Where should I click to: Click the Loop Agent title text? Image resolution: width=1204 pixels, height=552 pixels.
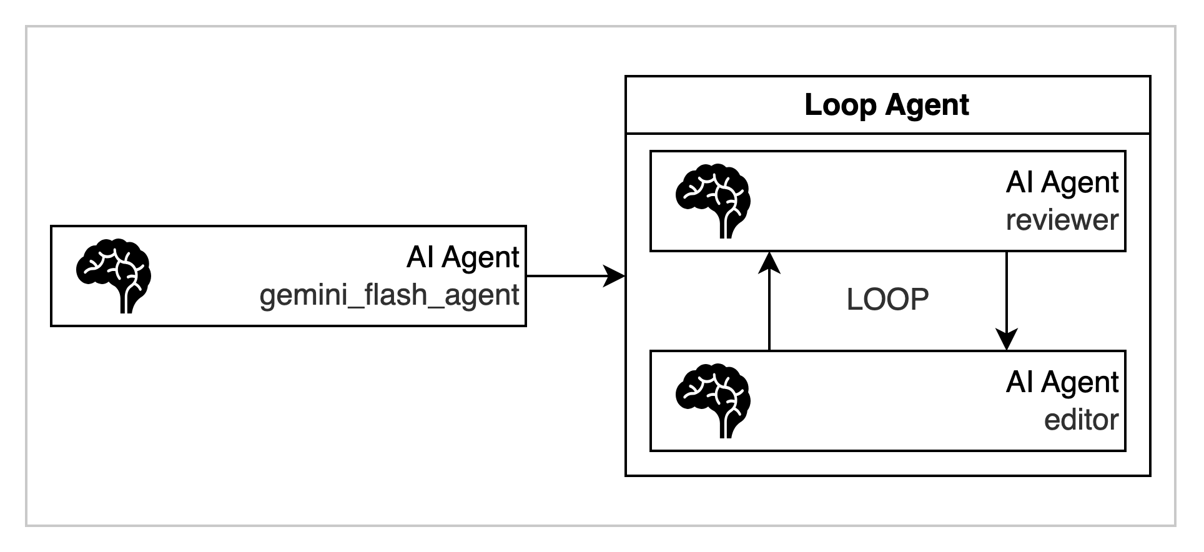click(887, 105)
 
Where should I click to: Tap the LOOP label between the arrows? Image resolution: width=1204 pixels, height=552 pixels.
click(887, 300)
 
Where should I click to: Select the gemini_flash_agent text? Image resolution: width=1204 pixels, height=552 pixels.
click(389, 295)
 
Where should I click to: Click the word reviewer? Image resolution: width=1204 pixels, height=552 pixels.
click(1062, 220)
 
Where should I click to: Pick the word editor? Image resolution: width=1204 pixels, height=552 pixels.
click(1081, 420)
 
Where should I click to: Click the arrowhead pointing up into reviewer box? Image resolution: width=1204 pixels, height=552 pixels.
click(769, 262)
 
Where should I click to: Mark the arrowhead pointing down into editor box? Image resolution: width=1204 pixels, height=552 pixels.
click(1007, 340)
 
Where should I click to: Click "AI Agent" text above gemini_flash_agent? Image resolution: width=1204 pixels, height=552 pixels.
click(462, 257)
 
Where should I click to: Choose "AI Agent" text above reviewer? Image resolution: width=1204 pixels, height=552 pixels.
click(1062, 182)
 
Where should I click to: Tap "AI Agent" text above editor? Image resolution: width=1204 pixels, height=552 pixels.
click(1062, 382)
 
